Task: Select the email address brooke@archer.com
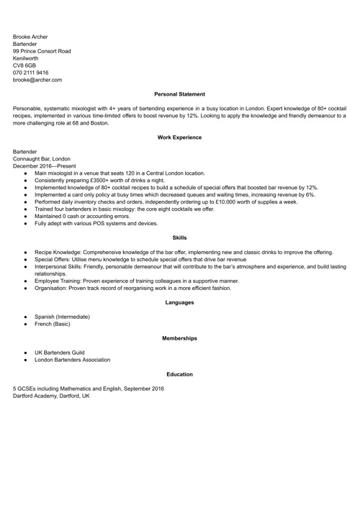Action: pyautogui.click(x=37, y=80)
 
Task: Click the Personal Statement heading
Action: pyautogui.click(x=179, y=94)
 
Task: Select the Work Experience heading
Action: pyautogui.click(x=179, y=137)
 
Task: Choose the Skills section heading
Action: pyautogui.click(x=179, y=237)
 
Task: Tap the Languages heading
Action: pyautogui.click(x=179, y=302)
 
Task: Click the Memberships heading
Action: pyautogui.click(x=179, y=337)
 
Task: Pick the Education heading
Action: pyautogui.click(x=179, y=374)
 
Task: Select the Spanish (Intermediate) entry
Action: pyautogui.click(x=62, y=317)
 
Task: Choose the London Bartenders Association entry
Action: pyautogui.click(x=72, y=360)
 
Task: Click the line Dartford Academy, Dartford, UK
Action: pyautogui.click(x=51, y=396)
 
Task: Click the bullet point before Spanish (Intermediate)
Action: pyautogui.click(x=25, y=317)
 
